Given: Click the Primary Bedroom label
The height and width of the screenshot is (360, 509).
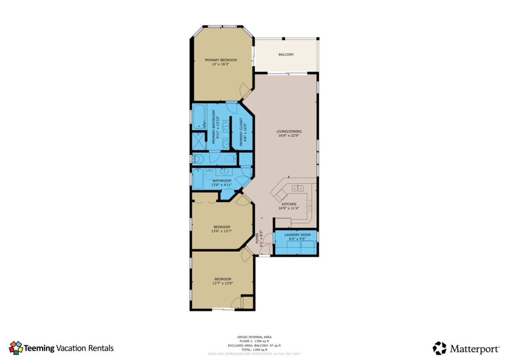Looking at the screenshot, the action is pos(221,60).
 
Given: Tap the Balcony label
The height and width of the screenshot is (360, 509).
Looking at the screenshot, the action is pos(286,55).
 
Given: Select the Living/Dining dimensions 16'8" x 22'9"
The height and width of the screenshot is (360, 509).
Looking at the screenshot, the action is pos(288,135).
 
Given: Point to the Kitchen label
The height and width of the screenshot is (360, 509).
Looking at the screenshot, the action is pos(289,204).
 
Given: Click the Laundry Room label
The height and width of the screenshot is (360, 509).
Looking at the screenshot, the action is pos(297,235).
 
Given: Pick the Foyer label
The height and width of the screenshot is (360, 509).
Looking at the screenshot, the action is pos(257,238).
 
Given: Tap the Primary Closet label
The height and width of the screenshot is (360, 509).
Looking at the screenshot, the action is pos(241,132).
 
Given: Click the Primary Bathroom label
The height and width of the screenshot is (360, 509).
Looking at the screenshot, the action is pos(214,127).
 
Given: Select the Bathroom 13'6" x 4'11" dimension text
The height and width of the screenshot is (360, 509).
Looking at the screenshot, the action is pos(221,185).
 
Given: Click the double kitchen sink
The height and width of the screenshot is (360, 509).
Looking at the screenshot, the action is pos(298,188).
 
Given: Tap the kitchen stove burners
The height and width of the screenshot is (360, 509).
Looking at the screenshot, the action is pos(311,206).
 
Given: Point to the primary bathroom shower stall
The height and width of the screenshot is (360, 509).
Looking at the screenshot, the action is pos(199,141).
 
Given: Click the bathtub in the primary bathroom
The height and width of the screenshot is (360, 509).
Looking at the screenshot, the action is pos(199,117).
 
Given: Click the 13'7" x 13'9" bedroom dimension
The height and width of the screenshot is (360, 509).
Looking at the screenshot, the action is pos(223,283).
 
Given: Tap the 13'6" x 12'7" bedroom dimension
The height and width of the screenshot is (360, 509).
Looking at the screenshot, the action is pos(221,231).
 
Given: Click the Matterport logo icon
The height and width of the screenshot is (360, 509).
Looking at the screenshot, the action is pos(439,348).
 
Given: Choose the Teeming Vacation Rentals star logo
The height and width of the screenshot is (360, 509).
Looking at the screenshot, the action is pos(16,348).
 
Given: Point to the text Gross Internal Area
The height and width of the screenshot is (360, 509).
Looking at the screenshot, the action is pos(254,337).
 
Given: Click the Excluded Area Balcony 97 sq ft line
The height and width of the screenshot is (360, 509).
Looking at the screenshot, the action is pos(254,346).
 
